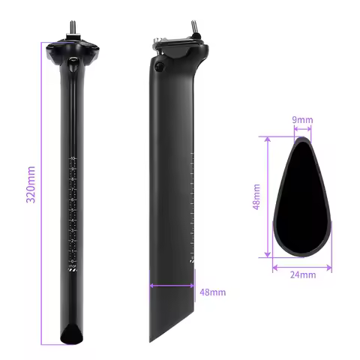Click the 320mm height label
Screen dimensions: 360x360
pyautogui.click(x=31, y=192)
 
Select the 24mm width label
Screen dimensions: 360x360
pyautogui.click(x=303, y=275)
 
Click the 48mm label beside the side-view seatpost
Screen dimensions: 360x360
pyautogui.click(x=213, y=291)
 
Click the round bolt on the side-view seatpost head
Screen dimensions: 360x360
pyautogui.click(x=160, y=67)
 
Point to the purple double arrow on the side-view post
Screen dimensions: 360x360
pyautogui.click(x=172, y=284)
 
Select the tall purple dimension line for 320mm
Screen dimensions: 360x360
pyautogui.click(x=44, y=192)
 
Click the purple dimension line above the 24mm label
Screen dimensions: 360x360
pyautogui.click(x=303, y=265)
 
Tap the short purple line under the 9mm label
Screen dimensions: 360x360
pyautogui.click(x=303, y=128)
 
